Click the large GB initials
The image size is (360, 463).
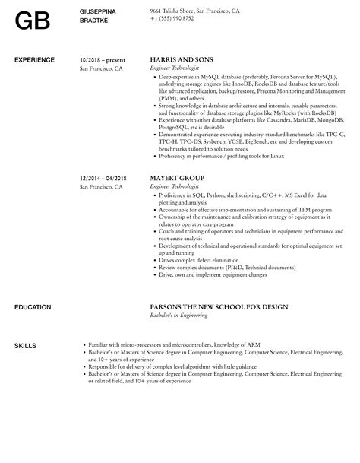[33, 21]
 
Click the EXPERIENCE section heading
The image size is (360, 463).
[34, 59]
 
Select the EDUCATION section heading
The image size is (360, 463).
[33, 307]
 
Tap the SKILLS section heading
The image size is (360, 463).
[25, 347]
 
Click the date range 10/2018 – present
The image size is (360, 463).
[102, 59]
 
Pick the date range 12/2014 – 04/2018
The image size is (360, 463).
[103, 177]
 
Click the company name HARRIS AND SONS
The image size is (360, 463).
[182, 59]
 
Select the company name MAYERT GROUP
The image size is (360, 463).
[177, 177]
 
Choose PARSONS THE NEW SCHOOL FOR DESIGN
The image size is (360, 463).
[219, 307]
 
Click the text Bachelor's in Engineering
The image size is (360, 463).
[178, 316]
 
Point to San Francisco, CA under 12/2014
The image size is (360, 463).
[101, 186]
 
